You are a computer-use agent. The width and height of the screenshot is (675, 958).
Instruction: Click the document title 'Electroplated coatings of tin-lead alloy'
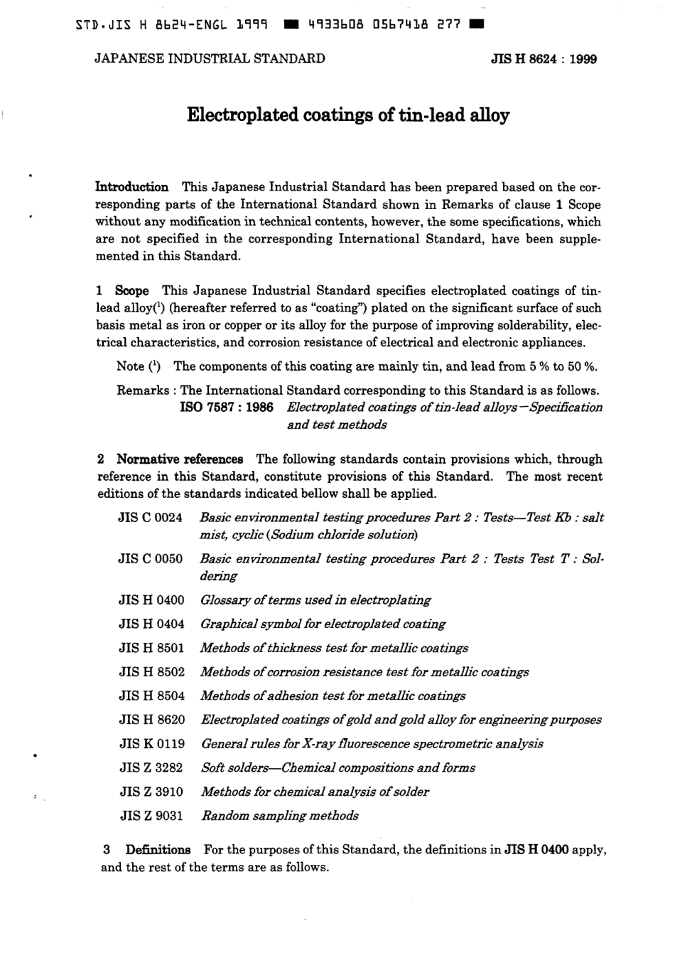(348, 115)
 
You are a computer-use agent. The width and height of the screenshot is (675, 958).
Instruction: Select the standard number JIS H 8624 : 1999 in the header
(544, 60)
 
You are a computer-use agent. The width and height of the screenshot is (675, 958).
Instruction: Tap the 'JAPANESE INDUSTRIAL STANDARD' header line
(210, 59)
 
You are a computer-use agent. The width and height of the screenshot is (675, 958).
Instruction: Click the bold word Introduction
(132, 187)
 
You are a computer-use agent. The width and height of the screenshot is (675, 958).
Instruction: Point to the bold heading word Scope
(132, 291)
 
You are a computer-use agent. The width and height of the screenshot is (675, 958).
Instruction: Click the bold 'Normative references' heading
(180, 459)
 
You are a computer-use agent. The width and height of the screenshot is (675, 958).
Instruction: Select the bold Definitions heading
(158, 850)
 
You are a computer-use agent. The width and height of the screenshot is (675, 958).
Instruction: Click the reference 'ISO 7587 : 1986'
(227, 408)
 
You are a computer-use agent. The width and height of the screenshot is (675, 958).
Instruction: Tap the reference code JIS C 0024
(151, 518)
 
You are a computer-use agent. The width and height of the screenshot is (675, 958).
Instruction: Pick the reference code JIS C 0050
(151, 559)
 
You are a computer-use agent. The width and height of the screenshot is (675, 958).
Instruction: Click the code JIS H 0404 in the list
(151, 624)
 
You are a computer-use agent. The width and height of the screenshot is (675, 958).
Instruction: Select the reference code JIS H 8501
(151, 648)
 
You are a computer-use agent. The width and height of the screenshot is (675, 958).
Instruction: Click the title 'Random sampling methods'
(280, 816)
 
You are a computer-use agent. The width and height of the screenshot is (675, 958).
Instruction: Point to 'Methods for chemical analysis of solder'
(315, 792)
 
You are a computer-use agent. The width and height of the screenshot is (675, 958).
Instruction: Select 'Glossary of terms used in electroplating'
(315, 600)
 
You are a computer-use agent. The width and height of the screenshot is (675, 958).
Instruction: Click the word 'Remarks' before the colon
(143, 390)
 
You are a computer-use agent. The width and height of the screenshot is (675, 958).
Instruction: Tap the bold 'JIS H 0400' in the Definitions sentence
(536, 850)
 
